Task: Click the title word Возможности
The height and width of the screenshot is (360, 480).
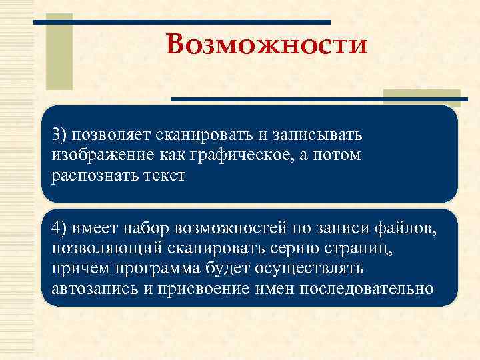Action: click(267, 45)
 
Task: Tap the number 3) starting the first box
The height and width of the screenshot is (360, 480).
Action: click(61, 136)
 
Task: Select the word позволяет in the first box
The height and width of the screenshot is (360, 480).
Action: click(113, 136)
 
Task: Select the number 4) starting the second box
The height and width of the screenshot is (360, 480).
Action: click(61, 229)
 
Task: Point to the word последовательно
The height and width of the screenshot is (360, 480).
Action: click(367, 289)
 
